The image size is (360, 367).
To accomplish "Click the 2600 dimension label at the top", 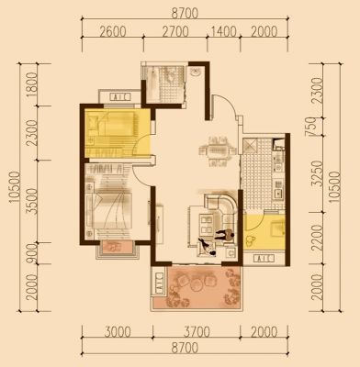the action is [x=113, y=31].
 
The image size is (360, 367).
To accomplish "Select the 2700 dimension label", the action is [x=175, y=31].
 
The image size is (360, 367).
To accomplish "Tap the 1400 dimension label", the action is [x=224, y=31].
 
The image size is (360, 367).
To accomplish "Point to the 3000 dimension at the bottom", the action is [x=118, y=332].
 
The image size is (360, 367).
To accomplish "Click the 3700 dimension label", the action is [x=197, y=332].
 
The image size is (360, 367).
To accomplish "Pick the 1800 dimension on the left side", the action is [x=31, y=84].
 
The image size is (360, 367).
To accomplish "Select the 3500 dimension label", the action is [x=31, y=201].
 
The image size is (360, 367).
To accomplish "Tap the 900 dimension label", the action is [x=31, y=253].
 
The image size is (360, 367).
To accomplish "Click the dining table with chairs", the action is [x=217, y=151].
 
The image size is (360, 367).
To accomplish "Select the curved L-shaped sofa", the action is [x=221, y=204].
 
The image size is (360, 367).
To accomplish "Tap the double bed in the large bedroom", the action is [x=108, y=210].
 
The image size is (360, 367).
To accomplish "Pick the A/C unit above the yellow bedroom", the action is [x=119, y=97].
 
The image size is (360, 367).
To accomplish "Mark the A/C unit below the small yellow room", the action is [x=264, y=259].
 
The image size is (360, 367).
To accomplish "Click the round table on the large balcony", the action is [x=197, y=285].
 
